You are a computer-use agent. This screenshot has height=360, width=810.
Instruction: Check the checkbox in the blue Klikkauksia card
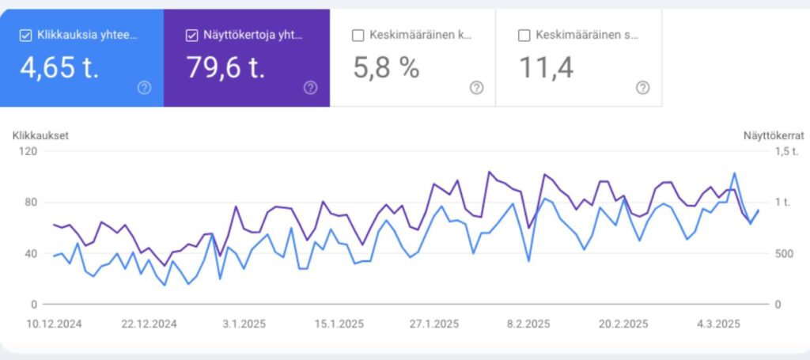25,35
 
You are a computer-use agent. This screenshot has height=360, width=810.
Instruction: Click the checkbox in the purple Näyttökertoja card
191,35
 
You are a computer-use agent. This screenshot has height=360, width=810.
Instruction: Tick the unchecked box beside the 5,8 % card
358,35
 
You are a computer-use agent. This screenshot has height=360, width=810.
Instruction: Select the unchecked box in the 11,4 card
524,35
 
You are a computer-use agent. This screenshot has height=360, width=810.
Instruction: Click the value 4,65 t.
59,67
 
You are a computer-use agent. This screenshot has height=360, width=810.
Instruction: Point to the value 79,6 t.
225,67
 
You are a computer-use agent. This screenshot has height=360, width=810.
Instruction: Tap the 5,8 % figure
386,67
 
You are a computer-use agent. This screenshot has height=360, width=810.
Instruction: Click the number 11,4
546,67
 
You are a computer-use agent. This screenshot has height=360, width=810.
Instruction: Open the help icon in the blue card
144,88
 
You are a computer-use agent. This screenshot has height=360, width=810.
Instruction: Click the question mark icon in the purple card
310,88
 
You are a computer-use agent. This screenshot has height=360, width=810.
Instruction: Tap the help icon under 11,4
642,88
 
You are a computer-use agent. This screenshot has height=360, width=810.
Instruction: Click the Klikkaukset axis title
40,135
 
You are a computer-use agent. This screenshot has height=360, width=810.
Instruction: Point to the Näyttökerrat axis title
773,135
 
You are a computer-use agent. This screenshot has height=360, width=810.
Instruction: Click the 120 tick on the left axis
29,151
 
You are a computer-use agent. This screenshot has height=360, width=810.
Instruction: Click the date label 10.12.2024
54,324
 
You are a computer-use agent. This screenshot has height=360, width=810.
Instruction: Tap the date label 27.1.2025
433,324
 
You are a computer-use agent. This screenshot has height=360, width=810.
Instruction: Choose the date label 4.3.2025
717,324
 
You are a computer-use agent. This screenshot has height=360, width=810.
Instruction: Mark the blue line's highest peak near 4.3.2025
735,172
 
